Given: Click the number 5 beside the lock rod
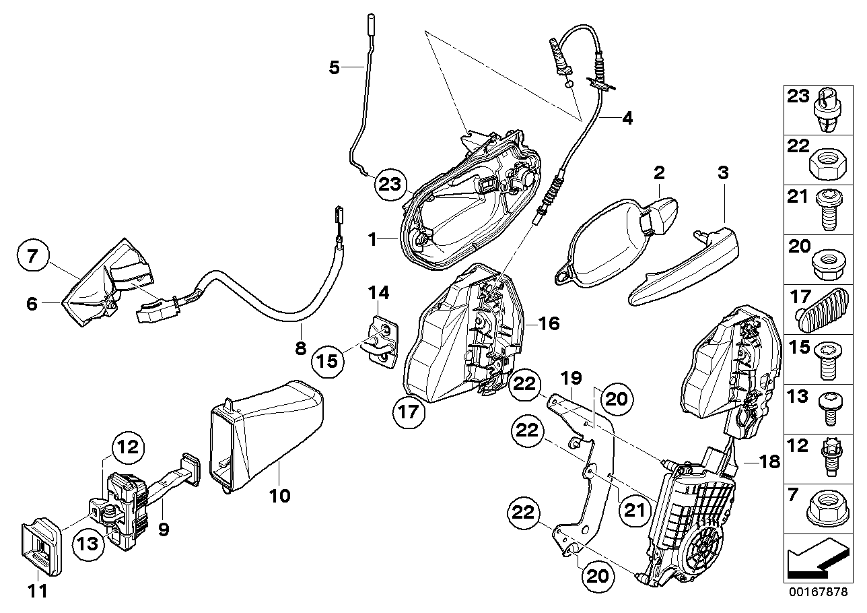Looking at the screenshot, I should click(x=335, y=67).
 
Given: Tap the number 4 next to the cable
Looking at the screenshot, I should click(x=627, y=119).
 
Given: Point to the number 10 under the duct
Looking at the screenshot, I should click(x=280, y=496).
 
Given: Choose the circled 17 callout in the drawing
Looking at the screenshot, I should click(x=412, y=411).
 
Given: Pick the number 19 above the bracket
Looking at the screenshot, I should click(x=572, y=378).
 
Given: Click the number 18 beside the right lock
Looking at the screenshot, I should click(x=769, y=461).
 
